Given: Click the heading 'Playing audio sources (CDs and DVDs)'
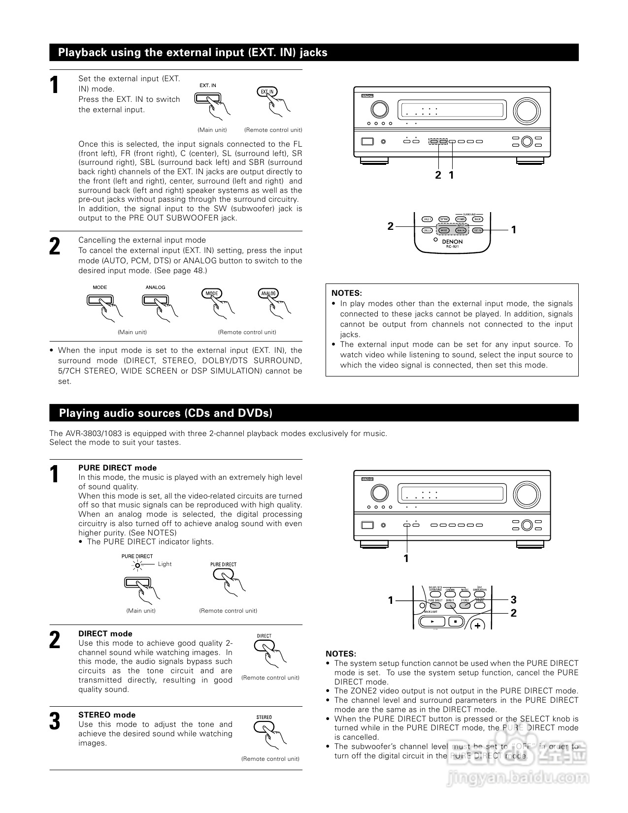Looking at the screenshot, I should click(x=165, y=413).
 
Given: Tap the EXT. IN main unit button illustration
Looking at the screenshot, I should click(x=207, y=98).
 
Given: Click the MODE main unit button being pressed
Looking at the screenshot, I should click(x=99, y=300).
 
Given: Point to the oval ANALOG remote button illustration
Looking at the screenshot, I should click(x=268, y=293).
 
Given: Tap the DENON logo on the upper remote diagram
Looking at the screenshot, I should click(x=452, y=242).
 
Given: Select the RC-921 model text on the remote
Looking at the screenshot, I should click(x=452, y=247).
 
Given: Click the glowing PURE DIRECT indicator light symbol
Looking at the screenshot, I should click(x=137, y=564).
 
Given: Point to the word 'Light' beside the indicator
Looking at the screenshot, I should click(x=165, y=564).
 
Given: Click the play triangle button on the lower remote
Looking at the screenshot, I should click(x=432, y=621).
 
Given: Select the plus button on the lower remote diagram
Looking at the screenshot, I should click(x=477, y=625).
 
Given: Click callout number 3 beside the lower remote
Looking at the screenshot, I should click(x=513, y=599).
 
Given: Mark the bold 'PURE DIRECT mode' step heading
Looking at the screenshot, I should click(x=117, y=468).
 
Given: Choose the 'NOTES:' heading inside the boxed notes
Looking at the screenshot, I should click(x=346, y=293).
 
